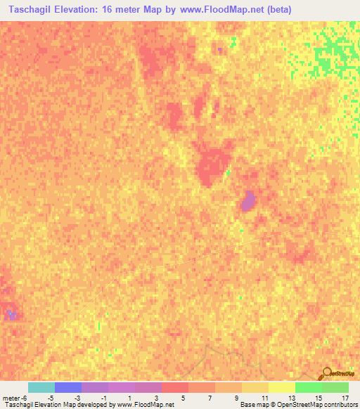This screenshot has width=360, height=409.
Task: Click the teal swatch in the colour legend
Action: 41,387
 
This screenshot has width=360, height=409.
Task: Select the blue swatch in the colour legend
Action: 67,387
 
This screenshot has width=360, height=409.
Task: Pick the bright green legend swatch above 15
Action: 308,387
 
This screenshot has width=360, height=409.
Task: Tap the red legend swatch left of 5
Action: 174,387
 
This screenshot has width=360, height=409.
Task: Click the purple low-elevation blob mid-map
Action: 247,202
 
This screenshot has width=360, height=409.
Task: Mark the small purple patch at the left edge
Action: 10,314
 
